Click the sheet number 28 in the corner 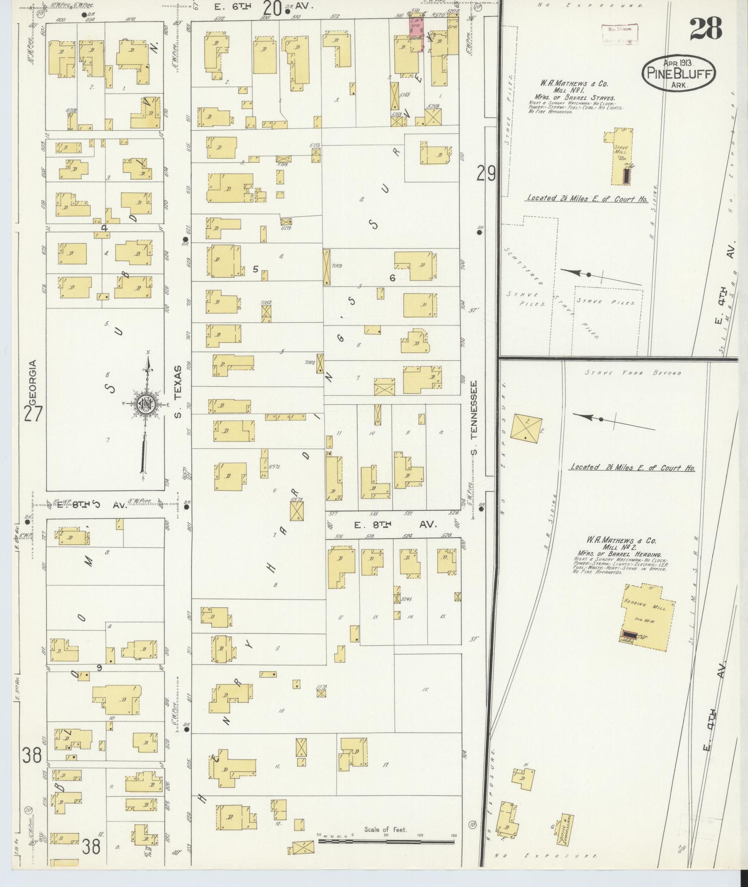coord(706,29)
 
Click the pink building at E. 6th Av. coord(416,33)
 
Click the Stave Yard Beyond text coord(633,373)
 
